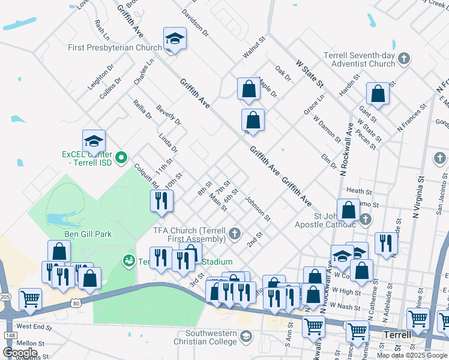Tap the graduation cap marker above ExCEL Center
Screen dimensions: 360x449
(94, 142)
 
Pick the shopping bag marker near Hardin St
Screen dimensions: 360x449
(378, 94)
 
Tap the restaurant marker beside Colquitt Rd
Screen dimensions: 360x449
(161, 201)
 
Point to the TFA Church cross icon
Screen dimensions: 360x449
(235, 233)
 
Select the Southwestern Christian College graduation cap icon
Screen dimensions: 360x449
(245, 337)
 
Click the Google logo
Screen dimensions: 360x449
(20, 352)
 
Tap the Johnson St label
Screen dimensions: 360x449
(258, 208)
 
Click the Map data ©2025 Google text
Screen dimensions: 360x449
(411, 355)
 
